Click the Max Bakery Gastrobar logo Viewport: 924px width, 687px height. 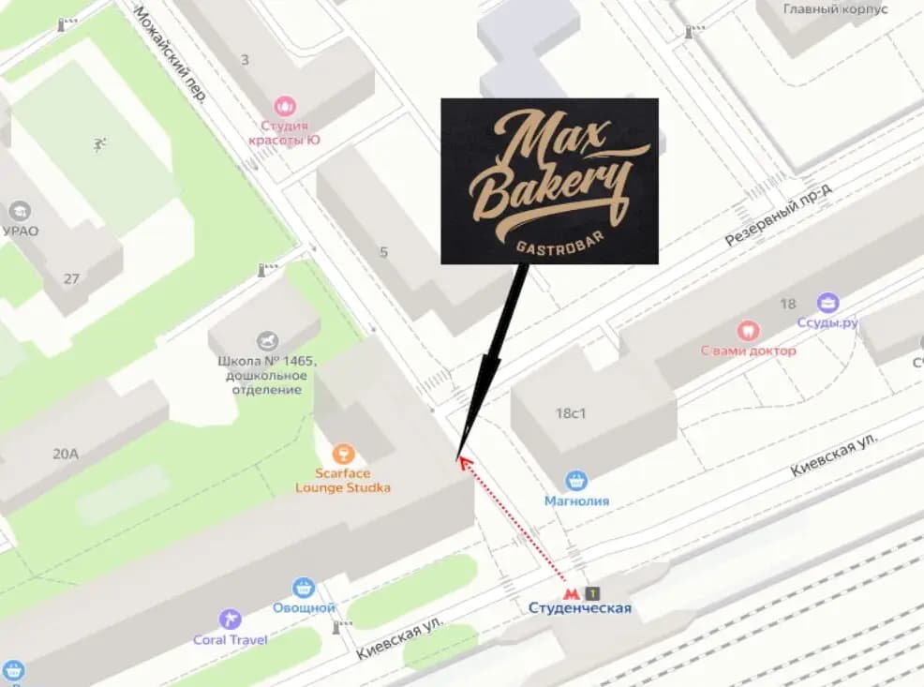(x=549, y=180)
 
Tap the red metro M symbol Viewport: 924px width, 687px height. (x=569, y=592)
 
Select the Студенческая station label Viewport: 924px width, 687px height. (x=580, y=608)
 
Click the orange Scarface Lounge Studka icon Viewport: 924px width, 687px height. (x=343, y=455)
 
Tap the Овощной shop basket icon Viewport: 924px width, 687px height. (x=304, y=588)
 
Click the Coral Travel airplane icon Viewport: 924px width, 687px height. (x=230, y=620)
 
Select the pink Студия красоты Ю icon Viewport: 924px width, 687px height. (x=285, y=106)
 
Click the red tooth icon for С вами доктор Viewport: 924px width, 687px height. (x=748, y=330)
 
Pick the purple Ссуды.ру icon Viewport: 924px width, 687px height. (x=827, y=303)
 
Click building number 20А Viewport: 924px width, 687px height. (x=66, y=455)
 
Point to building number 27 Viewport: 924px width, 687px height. (x=72, y=278)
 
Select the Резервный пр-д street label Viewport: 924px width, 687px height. (x=778, y=215)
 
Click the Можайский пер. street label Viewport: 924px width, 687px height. (x=171, y=53)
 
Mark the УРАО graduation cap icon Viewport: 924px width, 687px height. (x=19, y=211)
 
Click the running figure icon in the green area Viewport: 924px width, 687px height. (x=97, y=143)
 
